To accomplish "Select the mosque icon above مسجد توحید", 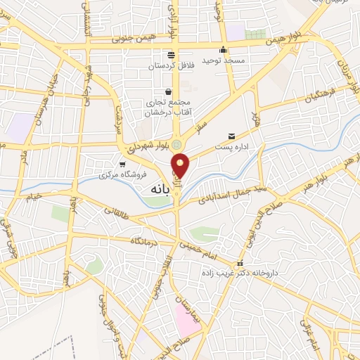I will [x=224, y=49].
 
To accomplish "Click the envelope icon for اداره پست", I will [x=231, y=136].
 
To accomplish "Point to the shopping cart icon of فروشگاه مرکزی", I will [x=122, y=163].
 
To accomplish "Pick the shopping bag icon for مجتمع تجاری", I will [x=168, y=91].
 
